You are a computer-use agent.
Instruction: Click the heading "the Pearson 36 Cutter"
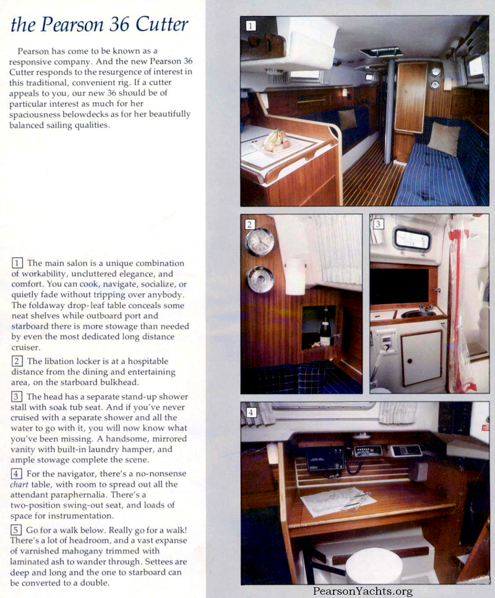click(100, 24)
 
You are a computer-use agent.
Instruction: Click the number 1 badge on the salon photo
click(251, 25)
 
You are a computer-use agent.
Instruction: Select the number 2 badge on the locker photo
click(250, 224)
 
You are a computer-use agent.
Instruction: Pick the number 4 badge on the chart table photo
click(251, 412)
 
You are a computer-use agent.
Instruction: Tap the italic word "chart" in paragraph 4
click(22, 484)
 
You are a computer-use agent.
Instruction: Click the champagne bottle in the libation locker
click(325, 329)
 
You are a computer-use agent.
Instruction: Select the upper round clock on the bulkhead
click(259, 241)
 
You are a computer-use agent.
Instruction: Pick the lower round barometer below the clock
click(260, 280)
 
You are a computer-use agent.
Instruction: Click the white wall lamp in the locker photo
click(296, 275)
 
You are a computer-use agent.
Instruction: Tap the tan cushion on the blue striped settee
click(444, 138)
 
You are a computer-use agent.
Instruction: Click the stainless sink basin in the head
click(418, 313)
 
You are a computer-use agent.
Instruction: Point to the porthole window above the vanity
click(412, 239)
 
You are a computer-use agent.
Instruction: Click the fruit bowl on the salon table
click(275, 142)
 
